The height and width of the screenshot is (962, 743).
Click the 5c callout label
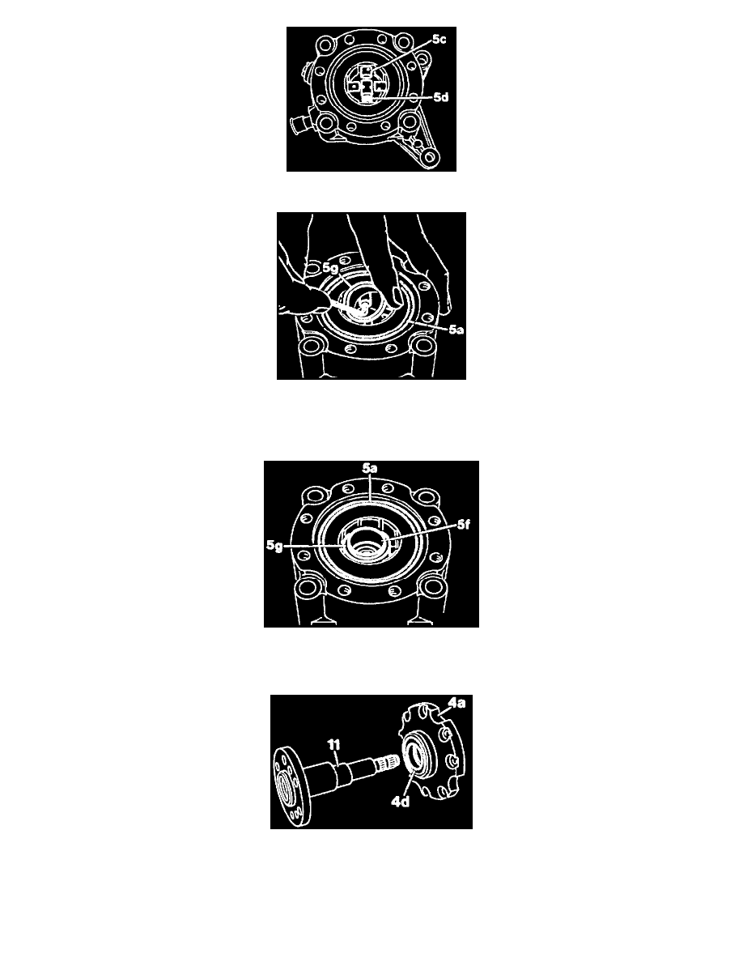[439, 40]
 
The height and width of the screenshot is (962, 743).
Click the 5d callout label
[441, 97]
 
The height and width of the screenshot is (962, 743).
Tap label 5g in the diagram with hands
[330, 268]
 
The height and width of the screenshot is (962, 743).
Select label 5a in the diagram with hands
[456, 330]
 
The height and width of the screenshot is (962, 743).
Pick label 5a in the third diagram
[369, 469]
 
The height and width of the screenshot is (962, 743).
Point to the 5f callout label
[464, 525]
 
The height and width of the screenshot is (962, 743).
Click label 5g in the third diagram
[274, 546]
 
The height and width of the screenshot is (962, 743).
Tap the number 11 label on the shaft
[333, 745]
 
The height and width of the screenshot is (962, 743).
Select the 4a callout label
[456, 703]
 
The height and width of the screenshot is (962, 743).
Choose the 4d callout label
[401, 801]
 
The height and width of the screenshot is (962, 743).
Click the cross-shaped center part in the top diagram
[366, 86]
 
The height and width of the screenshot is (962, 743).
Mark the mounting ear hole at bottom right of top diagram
[431, 158]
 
